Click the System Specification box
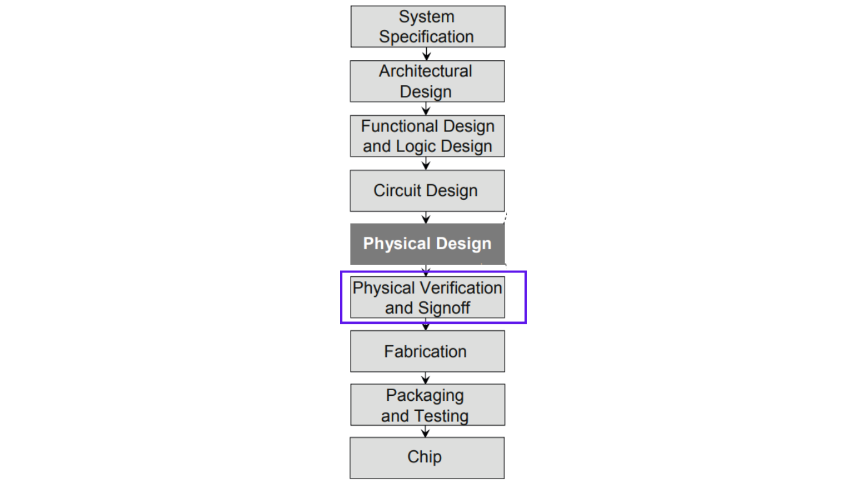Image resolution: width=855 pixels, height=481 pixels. [x=428, y=26]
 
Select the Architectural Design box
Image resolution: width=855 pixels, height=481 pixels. [x=427, y=81]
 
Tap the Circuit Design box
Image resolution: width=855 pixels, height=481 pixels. [x=427, y=190]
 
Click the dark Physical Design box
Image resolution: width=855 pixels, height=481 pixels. [x=427, y=244]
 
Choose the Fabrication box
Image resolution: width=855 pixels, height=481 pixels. [x=427, y=351]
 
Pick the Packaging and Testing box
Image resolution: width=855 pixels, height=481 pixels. [x=428, y=405]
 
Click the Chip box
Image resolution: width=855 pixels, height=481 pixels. [x=427, y=458]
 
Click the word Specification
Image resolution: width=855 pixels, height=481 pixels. [x=426, y=38]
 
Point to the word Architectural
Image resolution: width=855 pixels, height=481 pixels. [x=426, y=71]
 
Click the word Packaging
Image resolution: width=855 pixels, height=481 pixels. [x=425, y=396]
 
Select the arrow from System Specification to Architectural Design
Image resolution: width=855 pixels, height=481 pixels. [x=426, y=54]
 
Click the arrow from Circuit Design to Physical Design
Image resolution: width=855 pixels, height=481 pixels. [x=426, y=217]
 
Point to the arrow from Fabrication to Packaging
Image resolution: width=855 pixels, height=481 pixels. [x=426, y=378]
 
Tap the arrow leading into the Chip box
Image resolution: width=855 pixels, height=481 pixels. [x=425, y=432]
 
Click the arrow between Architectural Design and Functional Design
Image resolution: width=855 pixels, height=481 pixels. [x=426, y=109]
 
